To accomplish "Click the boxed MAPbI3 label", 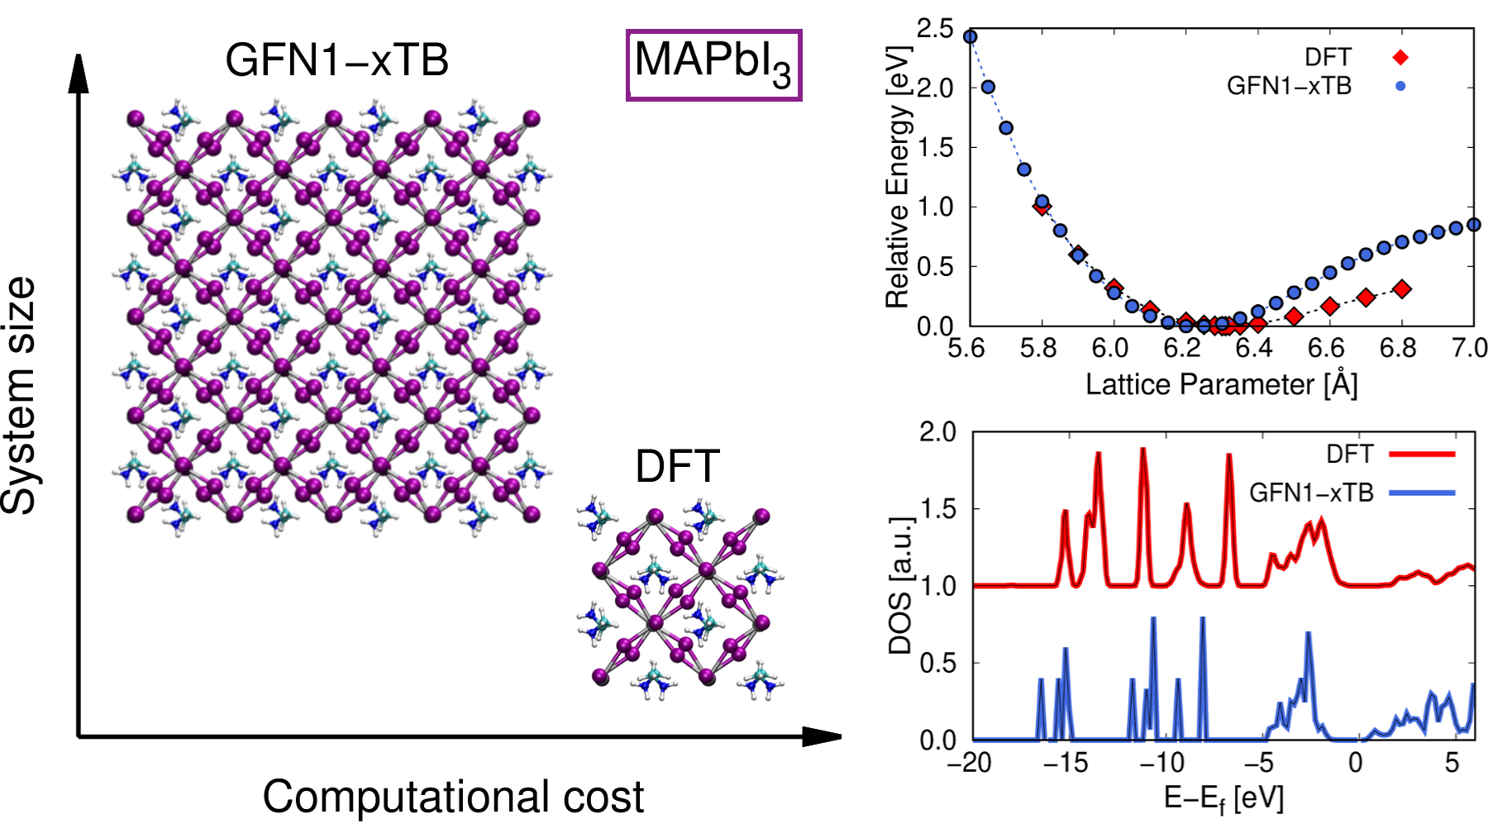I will [713, 65].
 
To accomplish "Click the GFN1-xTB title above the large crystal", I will [336, 60].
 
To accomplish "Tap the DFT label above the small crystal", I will [677, 466].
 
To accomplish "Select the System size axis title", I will [20, 395].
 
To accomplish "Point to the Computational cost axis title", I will [453, 797].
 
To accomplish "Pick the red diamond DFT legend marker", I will [1400, 57].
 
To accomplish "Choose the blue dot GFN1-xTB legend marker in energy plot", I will [1400, 86].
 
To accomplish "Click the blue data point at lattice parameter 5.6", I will [971, 37].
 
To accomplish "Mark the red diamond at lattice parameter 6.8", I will [1402, 289].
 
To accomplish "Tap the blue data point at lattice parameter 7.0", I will [1474, 225].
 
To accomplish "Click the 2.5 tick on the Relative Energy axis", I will [935, 30].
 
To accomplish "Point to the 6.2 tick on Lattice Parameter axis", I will [1182, 348].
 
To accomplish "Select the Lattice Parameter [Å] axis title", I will [1221, 384].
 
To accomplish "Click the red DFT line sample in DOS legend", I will [1422, 454].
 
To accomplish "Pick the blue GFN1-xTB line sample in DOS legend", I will [1422, 493].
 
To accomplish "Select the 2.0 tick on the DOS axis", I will [937, 432].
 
